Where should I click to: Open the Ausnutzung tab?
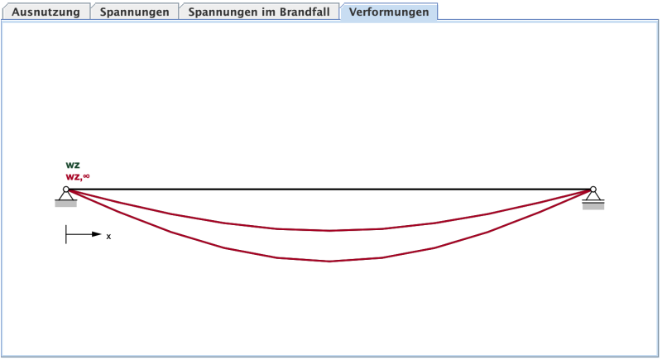[x=46, y=12]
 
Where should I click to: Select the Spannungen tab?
[x=134, y=12]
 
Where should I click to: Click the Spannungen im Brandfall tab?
[x=259, y=12]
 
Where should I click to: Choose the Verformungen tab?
[x=389, y=12]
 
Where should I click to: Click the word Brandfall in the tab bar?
[x=305, y=12]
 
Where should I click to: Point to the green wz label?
[x=73, y=165]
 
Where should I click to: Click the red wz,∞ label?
[x=77, y=176]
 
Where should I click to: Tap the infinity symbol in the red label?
[x=86, y=175]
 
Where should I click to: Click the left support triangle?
[x=65, y=196]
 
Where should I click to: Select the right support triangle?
[x=592, y=196]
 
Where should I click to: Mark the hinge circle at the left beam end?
[x=65, y=190]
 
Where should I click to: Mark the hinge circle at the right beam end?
[x=592, y=190]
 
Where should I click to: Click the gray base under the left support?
[x=65, y=204]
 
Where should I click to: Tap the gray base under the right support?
[x=592, y=205]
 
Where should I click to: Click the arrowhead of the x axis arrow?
[x=97, y=234]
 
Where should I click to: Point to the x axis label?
[x=108, y=236]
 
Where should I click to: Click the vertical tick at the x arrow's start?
[x=66, y=234]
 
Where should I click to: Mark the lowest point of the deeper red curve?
[x=329, y=262]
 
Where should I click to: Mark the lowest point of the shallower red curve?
[x=329, y=231]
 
